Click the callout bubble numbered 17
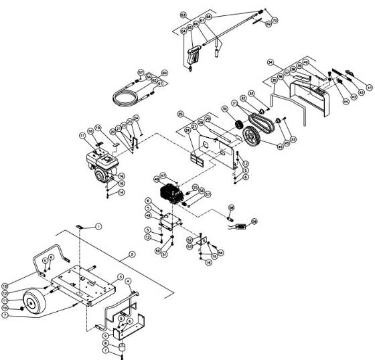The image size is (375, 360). coord(83,136)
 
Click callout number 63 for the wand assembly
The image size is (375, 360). coord(183,14)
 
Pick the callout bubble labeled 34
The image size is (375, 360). coord(271,63)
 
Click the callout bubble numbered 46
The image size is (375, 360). coord(281,146)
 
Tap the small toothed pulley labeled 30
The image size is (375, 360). coord(235,124)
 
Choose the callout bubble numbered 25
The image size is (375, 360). coord(180,114)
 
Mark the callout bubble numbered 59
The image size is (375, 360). coord(254,221)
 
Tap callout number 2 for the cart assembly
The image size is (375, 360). coord(132,254)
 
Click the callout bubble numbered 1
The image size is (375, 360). coord(98,228)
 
